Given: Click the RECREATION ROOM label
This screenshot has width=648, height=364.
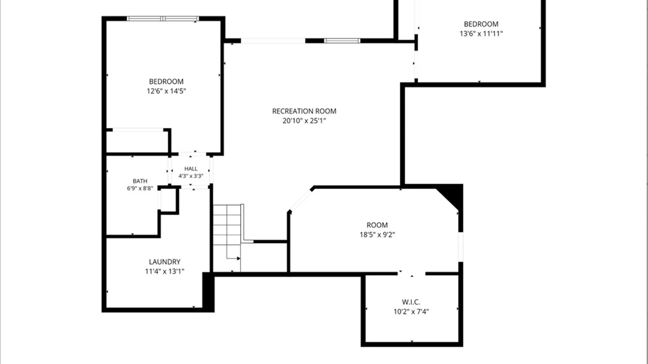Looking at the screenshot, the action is [304, 111].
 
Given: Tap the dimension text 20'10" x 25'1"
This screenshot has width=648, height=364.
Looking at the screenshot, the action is [304, 121].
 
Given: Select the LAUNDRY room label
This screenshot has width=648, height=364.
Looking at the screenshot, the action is [165, 262].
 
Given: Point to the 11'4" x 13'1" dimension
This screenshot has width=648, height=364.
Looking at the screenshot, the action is [165, 271].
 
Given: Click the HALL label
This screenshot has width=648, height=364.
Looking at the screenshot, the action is [191, 169].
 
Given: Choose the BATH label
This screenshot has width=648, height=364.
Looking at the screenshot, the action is [140, 181].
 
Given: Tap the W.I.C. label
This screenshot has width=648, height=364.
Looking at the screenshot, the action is [411, 302].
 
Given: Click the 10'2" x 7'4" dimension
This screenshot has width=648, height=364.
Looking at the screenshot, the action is [411, 311].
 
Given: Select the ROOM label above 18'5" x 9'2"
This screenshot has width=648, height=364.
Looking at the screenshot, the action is [377, 225].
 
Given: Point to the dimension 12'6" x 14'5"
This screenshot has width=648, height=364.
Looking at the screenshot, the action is [166, 91].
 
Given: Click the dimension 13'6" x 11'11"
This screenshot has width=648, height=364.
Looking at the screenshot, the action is [481, 34].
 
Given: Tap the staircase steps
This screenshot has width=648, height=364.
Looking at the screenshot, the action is [227, 238].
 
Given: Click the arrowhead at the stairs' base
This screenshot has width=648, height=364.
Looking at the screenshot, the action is [239, 259].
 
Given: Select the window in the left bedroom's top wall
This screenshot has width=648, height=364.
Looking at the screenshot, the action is [163, 19].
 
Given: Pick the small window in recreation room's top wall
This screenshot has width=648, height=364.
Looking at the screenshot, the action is [342, 41].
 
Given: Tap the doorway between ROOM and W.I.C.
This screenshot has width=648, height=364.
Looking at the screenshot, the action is [411, 274].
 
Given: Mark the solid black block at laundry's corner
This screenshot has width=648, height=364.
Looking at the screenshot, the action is [208, 292].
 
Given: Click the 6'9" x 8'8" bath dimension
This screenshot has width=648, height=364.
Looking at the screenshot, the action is [140, 188].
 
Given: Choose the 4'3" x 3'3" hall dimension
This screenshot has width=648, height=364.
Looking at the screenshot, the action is [191, 176].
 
